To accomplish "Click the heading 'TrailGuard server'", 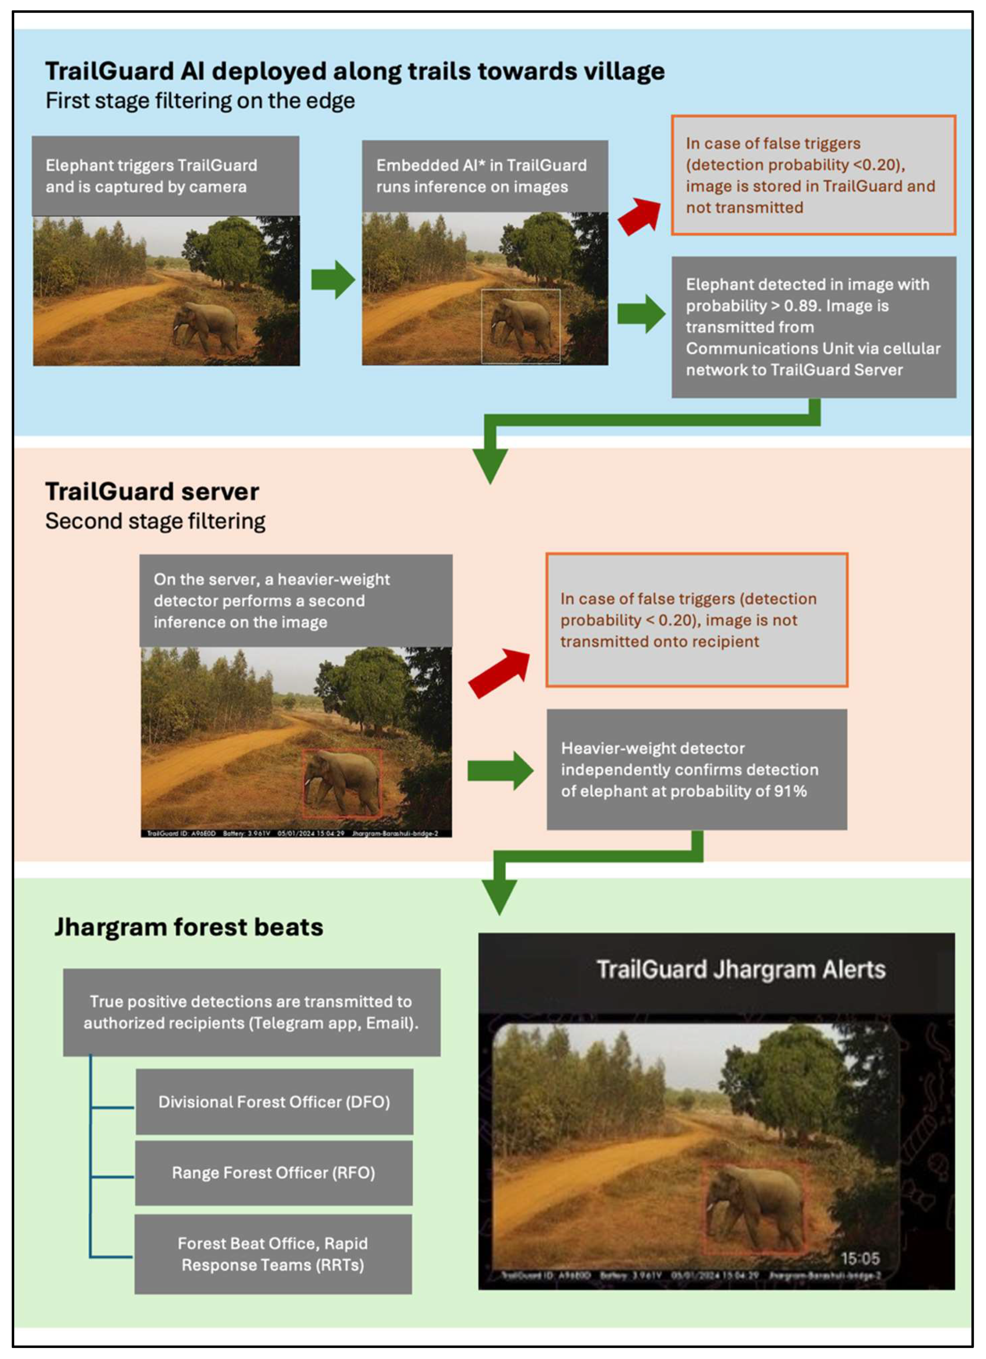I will [152, 492].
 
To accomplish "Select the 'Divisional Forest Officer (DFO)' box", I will [274, 1102].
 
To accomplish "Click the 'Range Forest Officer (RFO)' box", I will [274, 1173].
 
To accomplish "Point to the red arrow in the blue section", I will [639, 216].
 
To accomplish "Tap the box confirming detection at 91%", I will [697, 769].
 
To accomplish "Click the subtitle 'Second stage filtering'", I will [155, 521].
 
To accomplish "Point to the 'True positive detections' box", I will [251, 1012].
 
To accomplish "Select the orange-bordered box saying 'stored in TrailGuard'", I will [813, 175].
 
